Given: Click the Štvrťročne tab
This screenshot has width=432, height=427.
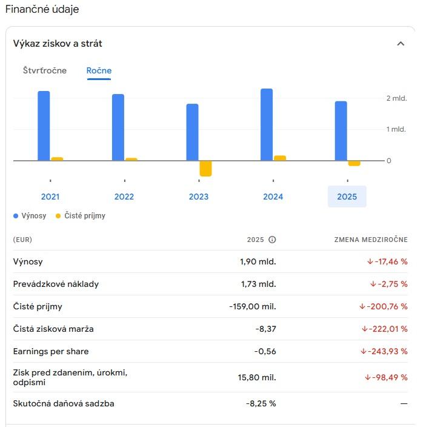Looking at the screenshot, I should [45, 70].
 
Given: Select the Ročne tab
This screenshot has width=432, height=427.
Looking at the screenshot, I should [99, 70].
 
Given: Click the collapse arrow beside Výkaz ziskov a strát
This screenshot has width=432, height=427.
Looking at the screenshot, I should [400, 44].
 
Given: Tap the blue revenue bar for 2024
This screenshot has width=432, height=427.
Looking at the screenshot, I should [267, 124].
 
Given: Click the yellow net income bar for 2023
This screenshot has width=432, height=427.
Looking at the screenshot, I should [206, 169].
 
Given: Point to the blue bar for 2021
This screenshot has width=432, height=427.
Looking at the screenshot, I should [44, 126].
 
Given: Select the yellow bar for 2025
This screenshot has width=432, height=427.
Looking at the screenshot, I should [354, 163].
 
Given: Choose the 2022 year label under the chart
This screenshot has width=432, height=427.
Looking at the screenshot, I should [124, 197].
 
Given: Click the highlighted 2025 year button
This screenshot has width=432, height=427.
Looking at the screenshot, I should [347, 197].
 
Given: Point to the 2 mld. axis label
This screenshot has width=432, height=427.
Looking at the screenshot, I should [396, 98].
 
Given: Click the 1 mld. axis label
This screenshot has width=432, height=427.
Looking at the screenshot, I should [396, 129].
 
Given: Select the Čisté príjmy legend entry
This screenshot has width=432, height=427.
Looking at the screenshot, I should [84, 215].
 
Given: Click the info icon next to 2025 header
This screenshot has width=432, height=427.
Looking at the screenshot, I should [272, 240].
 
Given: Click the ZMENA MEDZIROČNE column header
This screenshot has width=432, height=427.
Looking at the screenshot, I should [371, 240].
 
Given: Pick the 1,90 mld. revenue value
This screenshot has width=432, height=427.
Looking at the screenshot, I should [258, 261].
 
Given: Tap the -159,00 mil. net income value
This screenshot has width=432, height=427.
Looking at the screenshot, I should [253, 306].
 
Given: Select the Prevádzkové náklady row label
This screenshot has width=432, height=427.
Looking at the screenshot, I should [56, 284].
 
